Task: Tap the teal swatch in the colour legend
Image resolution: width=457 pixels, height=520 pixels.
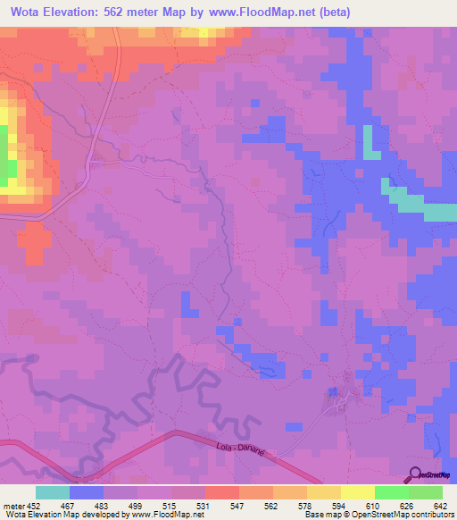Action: [53, 492]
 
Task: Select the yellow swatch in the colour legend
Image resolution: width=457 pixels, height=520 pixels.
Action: [358, 492]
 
